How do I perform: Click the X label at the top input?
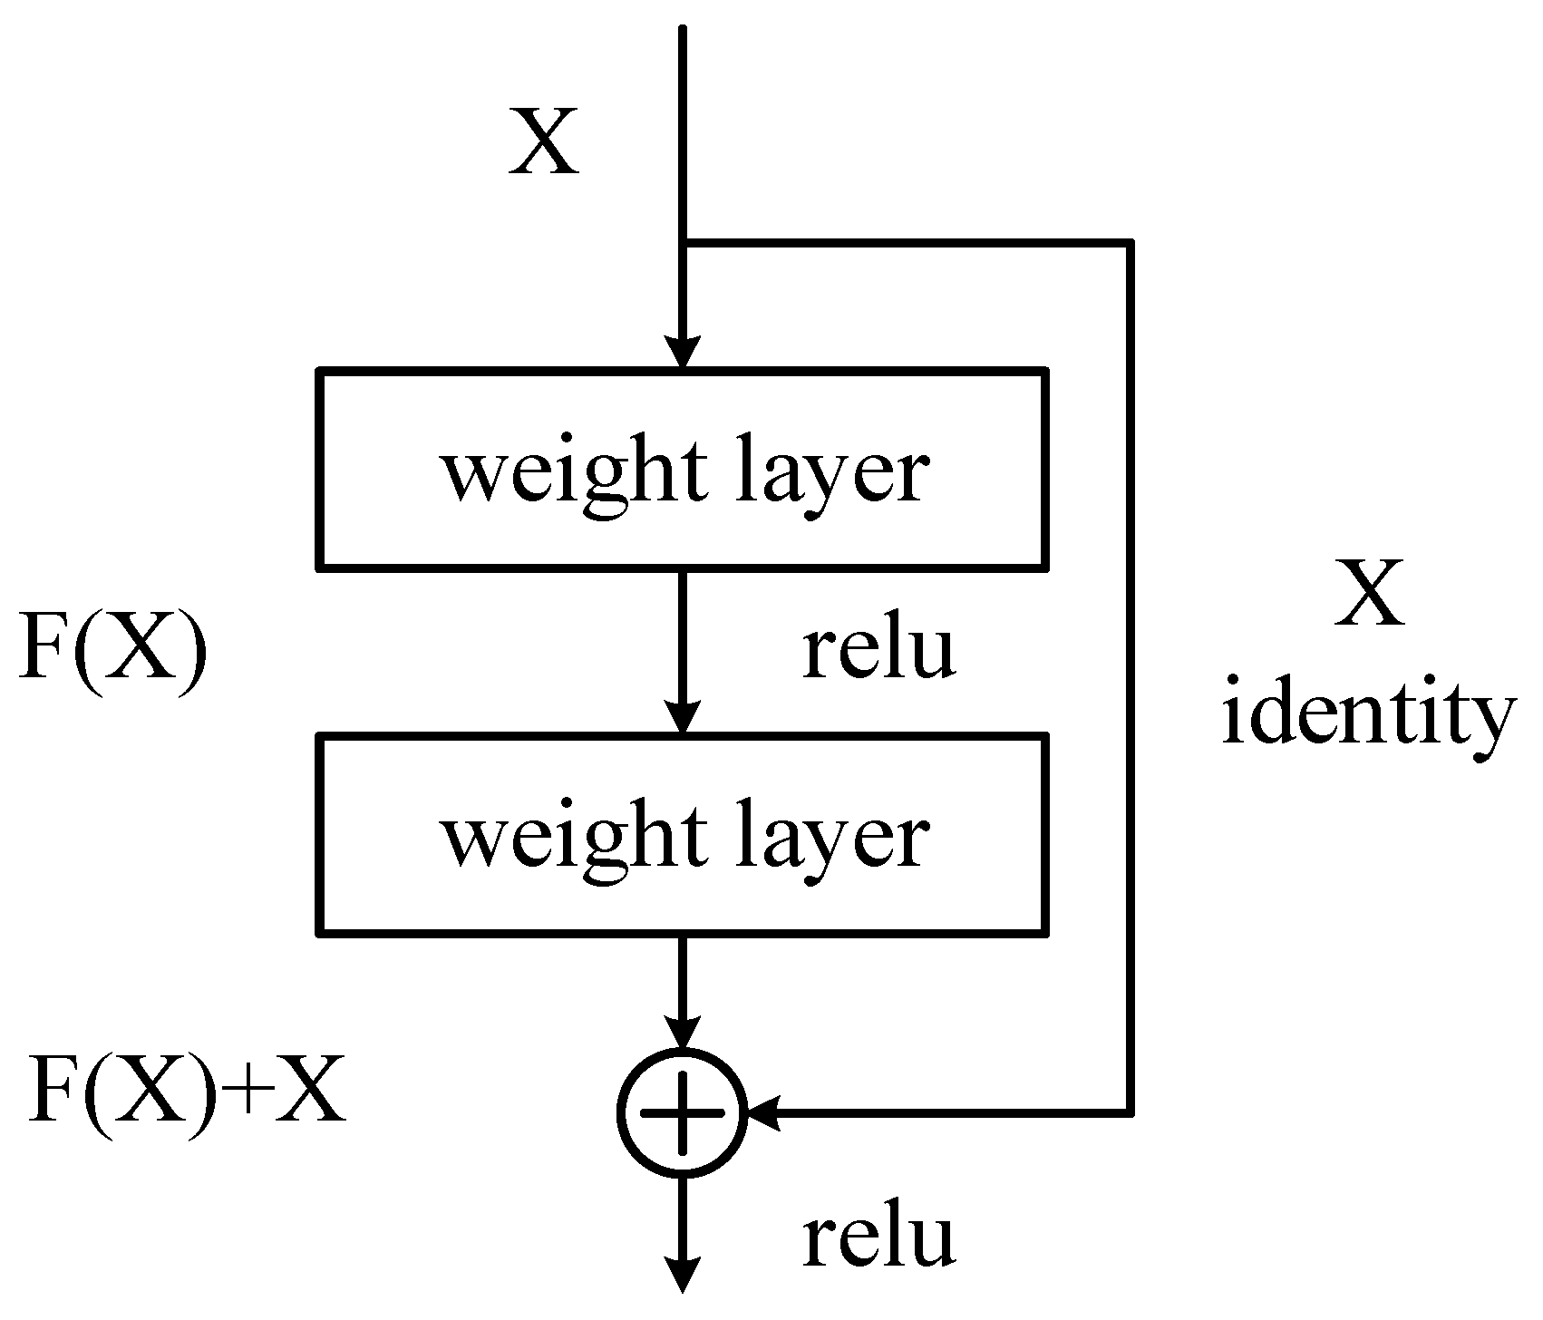pyautogui.click(x=543, y=141)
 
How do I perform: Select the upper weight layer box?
pyautogui.click(x=683, y=469)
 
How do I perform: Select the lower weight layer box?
pyautogui.click(x=683, y=834)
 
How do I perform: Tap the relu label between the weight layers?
pyautogui.click(x=878, y=650)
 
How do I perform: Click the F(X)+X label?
pyautogui.click(x=186, y=1092)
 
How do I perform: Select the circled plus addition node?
pyautogui.click(x=683, y=1112)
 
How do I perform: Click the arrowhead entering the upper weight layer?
pyautogui.click(x=683, y=352)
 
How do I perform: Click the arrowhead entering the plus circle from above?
pyautogui.click(x=683, y=1032)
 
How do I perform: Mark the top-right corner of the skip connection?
pyautogui.click(x=1130, y=243)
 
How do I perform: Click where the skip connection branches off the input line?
pyautogui.click(x=684, y=243)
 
